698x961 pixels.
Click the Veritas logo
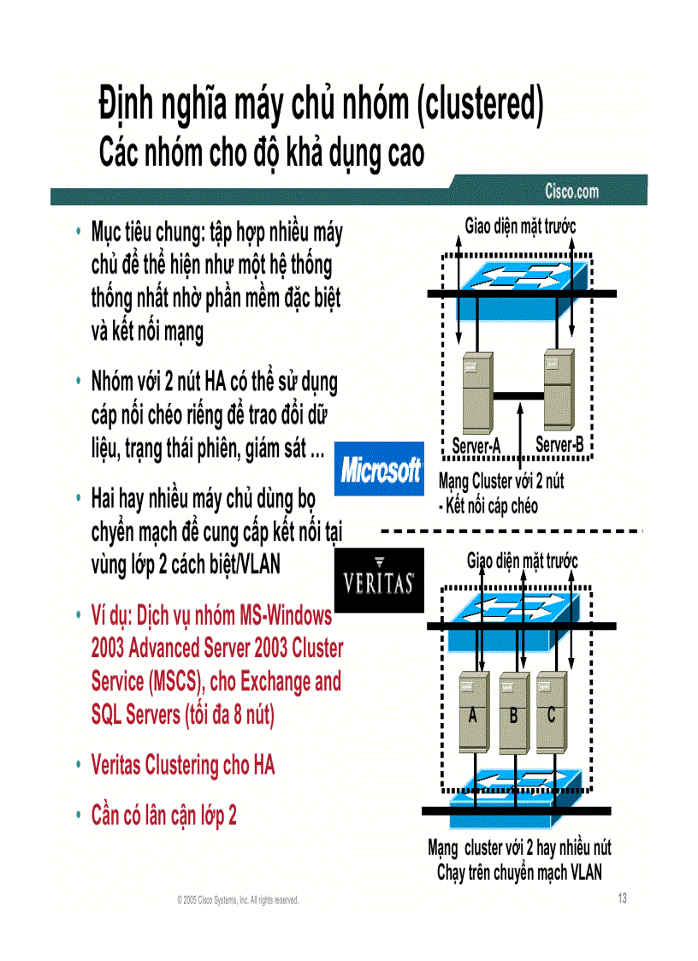pyautogui.click(x=379, y=581)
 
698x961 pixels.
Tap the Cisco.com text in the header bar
pyautogui.click(x=571, y=191)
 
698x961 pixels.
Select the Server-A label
pyautogui.click(x=476, y=446)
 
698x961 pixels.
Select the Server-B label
pyautogui.click(x=559, y=445)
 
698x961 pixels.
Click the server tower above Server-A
pyautogui.click(x=476, y=393)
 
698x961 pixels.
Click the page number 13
pyautogui.click(x=622, y=898)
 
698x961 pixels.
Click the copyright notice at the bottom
pyautogui.click(x=238, y=900)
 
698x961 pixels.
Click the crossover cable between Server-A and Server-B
pyautogui.click(x=518, y=395)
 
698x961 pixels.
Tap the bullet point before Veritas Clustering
pyautogui.click(x=78, y=764)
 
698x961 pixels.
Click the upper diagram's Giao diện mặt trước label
pyautogui.click(x=520, y=226)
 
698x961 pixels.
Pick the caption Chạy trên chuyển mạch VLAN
pyautogui.click(x=519, y=873)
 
